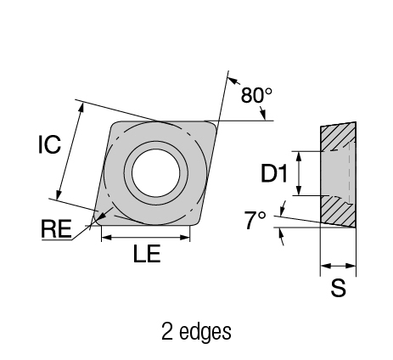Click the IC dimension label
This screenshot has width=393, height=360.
click(x=49, y=144)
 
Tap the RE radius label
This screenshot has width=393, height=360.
click(x=56, y=228)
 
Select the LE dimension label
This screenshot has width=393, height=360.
click(x=147, y=253)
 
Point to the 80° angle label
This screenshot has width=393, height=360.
click(x=256, y=95)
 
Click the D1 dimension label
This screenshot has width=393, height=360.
click(x=273, y=173)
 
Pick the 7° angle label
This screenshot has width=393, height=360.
click(x=255, y=220)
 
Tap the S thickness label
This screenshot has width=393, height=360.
click(x=339, y=288)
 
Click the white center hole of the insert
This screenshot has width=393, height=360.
click(x=156, y=173)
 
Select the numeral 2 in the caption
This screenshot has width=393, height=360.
click(x=167, y=331)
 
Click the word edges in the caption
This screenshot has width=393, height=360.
click(x=205, y=332)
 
